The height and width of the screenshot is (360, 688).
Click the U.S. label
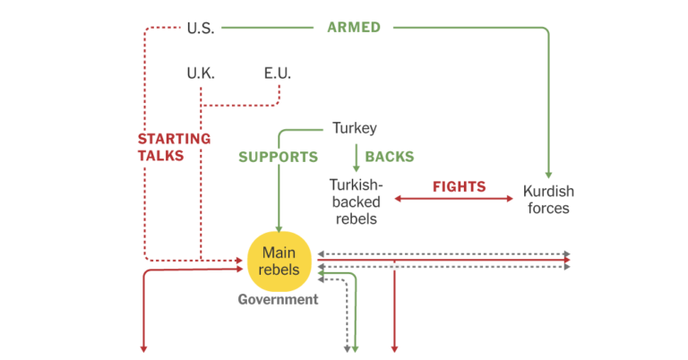tap(201, 28)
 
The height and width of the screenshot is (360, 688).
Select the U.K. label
tap(201, 73)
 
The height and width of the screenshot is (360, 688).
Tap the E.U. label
tap(278, 73)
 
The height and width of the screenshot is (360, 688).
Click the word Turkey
tap(355, 128)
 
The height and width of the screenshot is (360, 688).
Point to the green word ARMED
tap(354, 28)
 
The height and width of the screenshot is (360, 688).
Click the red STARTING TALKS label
tap(174, 147)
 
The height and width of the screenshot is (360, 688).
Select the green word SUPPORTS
tap(278, 157)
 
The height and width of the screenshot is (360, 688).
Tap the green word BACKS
tap(390, 157)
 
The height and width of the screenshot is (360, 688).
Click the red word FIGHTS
tap(459, 187)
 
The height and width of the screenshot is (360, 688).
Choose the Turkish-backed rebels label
tap(354, 200)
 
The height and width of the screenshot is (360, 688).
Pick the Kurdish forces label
tap(548, 200)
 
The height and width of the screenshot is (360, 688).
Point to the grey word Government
tap(278, 300)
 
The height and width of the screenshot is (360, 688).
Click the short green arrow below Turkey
tap(357, 158)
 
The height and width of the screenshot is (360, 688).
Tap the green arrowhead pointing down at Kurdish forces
tap(548, 174)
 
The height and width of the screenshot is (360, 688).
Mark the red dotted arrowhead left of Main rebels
tap(240, 261)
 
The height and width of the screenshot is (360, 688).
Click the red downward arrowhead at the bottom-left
tap(143, 348)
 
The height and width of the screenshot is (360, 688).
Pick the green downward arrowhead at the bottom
tap(356, 348)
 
